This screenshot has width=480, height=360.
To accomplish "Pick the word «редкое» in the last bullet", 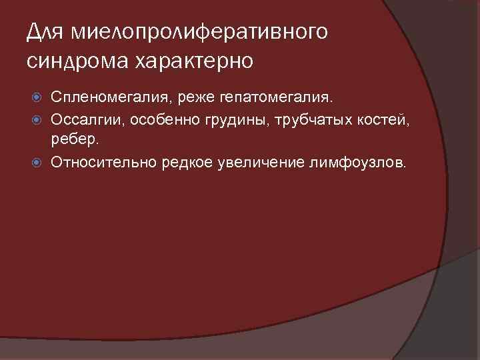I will click(x=189, y=162).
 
